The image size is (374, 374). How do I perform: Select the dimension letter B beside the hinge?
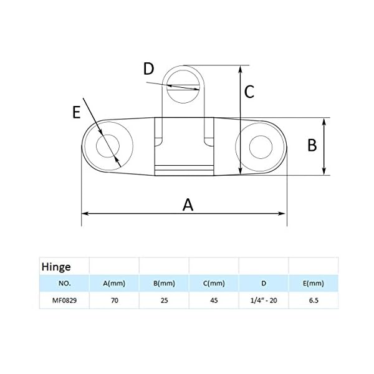click(312, 145)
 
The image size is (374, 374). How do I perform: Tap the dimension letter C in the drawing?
click(249, 92)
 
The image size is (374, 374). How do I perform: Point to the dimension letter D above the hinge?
click(148, 69)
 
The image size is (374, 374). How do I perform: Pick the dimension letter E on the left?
click(77, 112)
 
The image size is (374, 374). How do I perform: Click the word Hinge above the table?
click(55, 266)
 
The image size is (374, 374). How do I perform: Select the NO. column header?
click(64, 284)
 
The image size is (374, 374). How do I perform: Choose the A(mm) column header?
click(114, 284)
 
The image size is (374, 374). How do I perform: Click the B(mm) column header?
click(163, 284)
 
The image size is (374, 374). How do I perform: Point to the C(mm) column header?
click(213, 284)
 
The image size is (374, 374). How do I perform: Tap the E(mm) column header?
click(313, 284)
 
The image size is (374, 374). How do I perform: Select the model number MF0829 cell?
click(64, 300)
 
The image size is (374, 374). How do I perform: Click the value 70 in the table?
click(114, 300)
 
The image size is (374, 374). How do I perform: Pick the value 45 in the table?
click(213, 300)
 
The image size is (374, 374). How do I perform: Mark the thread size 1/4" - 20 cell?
click(263, 300)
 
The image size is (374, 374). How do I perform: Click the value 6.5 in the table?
click(313, 300)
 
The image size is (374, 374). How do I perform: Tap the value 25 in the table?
click(163, 300)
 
